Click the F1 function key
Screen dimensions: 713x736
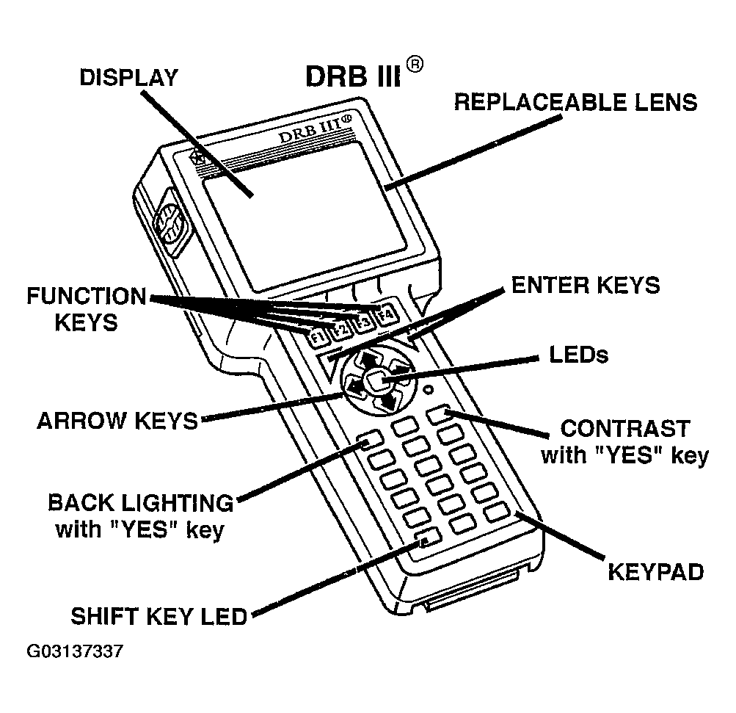tap(317, 339)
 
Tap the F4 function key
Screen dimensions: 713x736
tap(385, 317)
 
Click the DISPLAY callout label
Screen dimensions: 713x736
tap(128, 78)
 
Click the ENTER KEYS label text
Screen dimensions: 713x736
tap(585, 285)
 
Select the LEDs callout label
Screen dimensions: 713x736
tap(578, 355)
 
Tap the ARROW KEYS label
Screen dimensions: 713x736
tap(117, 421)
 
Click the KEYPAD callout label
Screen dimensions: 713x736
tap(655, 571)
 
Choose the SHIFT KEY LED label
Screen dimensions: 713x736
tap(159, 615)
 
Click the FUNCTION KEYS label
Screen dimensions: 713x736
tap(87, 308)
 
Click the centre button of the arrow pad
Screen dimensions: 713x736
tap(376, 380)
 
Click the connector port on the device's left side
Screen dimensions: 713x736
tap(170, 224)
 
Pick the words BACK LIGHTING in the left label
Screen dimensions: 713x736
tap(140, 503)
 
